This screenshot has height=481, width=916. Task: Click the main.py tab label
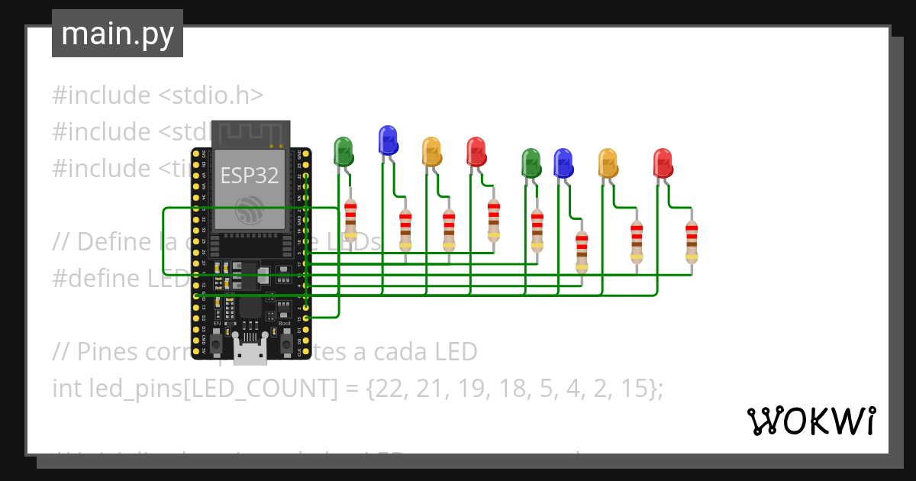point(117,34)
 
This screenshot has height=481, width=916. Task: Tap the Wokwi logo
point(810,421)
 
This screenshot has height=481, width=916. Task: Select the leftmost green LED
point(343,151)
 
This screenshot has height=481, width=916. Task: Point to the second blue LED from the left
point(563,163)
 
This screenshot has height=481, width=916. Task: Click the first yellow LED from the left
point(431,151)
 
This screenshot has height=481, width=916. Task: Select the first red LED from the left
point(476,151)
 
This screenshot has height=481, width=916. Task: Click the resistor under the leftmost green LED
point(350,222)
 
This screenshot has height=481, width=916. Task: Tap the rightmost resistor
point(691,240)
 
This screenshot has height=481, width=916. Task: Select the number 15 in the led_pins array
point(638,389)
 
